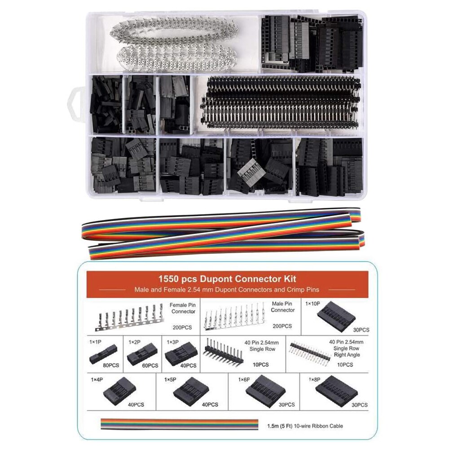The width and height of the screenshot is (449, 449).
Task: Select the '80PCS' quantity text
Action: (x=111, y=365)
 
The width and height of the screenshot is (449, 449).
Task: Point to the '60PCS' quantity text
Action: (x=150, y=365)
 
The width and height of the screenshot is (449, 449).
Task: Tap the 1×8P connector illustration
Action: (x=336, y=394)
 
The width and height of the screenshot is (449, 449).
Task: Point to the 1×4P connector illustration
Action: (x=119, y=390)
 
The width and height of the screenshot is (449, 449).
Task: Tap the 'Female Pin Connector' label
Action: (x=181, y=308)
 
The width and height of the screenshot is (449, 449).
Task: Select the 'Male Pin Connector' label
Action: (x=282, y=307)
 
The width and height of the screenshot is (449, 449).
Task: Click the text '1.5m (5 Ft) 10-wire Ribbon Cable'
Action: (x=308, y=425)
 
